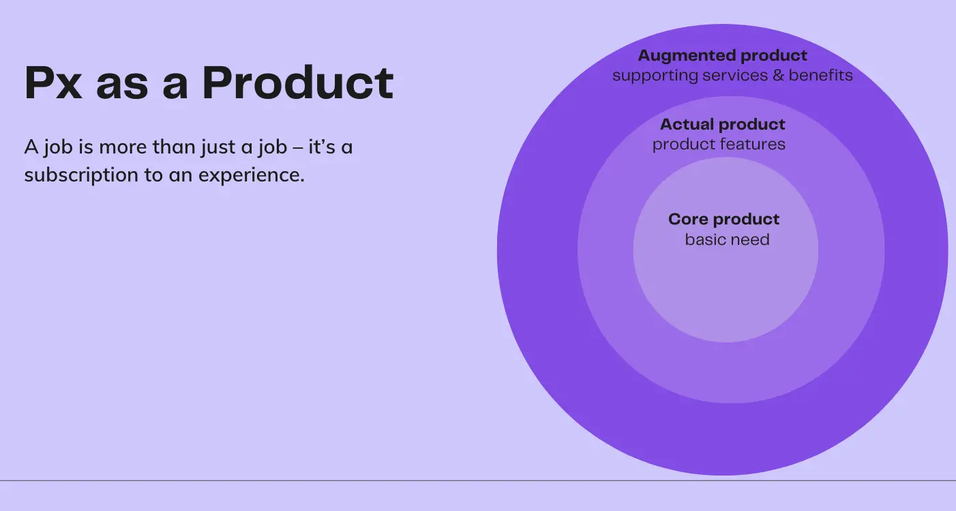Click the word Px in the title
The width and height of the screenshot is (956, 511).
(x=53, y=83)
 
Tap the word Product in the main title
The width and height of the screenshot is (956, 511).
(x=297, y=83)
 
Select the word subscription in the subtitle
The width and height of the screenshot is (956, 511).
(x=81, y=175)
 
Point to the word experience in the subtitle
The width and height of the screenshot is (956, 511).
(x=252, y=175)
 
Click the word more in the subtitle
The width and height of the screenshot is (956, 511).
(x=123, y=147)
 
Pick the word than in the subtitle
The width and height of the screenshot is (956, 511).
(x=175, y=147)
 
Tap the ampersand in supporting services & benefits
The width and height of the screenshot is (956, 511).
(x=778, y=76)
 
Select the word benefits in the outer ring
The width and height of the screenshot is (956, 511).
(x=820, y=75)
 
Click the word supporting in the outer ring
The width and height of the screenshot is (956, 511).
(x=655, y=76)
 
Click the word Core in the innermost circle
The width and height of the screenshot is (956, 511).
(x=688, y=219)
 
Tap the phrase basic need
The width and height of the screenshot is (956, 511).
(x=728, y=239)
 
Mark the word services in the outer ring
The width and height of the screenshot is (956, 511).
(x=735, y=76)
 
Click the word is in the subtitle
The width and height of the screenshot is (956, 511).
(x=86, y=147)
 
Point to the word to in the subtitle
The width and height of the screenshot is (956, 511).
(x=153, y=175)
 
